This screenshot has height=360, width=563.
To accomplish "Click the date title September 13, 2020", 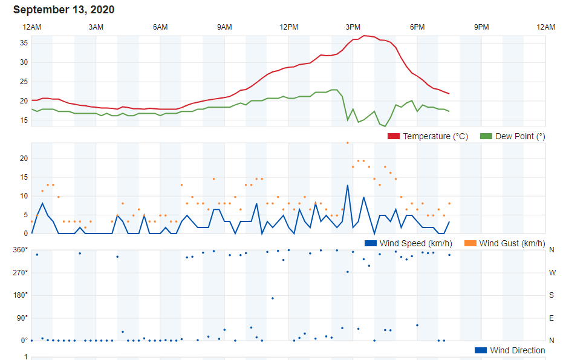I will pos(63,10).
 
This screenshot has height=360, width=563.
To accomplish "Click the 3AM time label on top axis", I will pos(96,27).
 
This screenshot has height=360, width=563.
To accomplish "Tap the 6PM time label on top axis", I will pos(417,27).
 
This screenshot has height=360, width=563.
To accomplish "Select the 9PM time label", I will pos(481,27).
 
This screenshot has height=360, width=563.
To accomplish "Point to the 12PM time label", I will pos(288,27).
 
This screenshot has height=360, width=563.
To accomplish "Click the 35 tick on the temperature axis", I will pos(24,43).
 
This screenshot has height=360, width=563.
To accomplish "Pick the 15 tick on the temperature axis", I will pos(24,120).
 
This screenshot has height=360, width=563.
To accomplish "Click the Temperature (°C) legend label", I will pos(435,137).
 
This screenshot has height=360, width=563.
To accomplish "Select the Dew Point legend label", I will pos(520,137).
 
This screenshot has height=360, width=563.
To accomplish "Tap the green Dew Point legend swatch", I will pos(486,137).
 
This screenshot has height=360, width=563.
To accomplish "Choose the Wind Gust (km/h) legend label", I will pos(512,243).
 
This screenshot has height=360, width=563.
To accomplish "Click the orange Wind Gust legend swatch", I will pos(470,243).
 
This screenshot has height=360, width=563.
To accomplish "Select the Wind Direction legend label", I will pos(517,350).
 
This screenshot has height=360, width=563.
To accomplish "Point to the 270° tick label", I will pos(21,273).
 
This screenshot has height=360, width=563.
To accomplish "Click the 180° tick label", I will pos(21,295).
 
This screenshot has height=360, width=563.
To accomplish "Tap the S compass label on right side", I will pos(552,295).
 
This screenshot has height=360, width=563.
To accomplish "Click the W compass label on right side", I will pos(552,273).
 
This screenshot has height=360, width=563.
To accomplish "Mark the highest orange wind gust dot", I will pos(347,143).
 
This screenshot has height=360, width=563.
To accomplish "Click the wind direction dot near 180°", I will pos(273,298).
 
